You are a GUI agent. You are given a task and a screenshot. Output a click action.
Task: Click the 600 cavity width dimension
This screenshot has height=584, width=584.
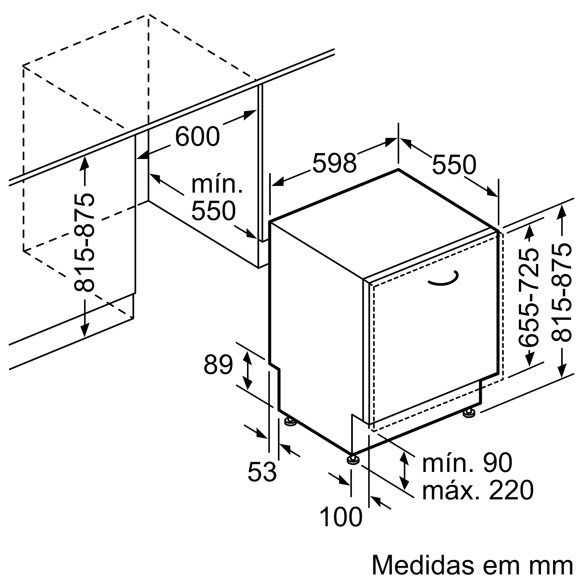pos(197,137)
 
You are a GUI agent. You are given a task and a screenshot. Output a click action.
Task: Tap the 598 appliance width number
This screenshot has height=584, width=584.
pos(334,164)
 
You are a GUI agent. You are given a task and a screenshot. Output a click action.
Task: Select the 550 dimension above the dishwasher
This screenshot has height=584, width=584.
pos(454,165)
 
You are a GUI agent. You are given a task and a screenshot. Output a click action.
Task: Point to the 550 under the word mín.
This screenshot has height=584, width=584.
pos(213,211)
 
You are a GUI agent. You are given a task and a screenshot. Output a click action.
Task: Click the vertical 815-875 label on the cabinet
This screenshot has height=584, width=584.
pos(84,242)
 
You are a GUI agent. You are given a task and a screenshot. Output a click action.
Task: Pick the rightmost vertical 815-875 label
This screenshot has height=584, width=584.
pos(561,293)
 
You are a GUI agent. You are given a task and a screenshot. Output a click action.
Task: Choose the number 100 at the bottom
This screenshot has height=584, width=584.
pos(341,517)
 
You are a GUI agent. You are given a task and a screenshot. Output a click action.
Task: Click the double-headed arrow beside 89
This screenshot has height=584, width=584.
pos(248,371)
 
